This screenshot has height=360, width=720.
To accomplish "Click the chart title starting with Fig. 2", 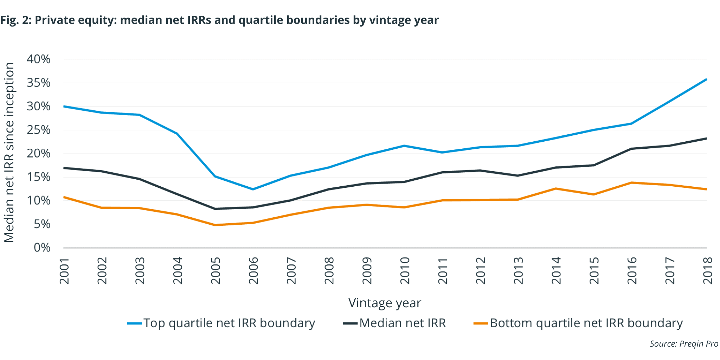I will [x=219, y=20].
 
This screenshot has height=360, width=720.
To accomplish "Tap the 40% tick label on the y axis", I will [x=38, y=59].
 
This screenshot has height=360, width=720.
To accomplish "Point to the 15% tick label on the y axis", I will [x=38, y=177].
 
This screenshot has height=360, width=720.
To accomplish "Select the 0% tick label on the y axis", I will [x=42, y=247].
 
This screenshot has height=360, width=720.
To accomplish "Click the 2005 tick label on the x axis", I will [x=216, y=270].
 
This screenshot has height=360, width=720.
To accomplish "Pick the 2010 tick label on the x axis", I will [x=405, y=270].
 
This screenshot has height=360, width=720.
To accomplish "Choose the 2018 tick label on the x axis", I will [x=707, y=270].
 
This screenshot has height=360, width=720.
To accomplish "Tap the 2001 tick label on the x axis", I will [x=64, y=270].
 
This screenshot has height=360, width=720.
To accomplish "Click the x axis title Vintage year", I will [x=385, y=303].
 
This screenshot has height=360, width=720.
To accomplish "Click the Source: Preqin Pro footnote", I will [x=683, y=343].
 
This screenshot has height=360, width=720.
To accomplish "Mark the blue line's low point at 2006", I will [x=253, y=189].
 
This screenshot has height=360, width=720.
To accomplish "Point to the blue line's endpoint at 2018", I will [x=706, y=79].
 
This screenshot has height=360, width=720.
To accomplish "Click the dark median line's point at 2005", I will [x=215, y=209].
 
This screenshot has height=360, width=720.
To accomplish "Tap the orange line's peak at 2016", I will [x=631, y=182].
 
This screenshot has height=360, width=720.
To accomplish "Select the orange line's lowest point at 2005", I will [x=215, y=225].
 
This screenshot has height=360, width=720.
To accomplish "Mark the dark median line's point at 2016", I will [x=631, y=149].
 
